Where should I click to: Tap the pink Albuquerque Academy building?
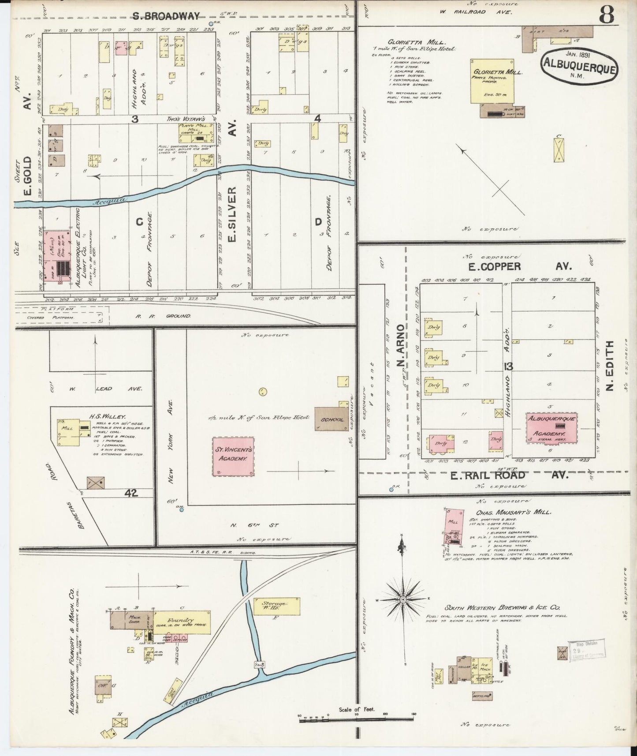coord(551,427)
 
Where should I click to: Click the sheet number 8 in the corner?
coord(606,16)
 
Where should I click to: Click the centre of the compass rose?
coord(402,600)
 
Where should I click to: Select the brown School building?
coord(332,419)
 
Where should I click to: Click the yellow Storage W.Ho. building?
coord(276,606)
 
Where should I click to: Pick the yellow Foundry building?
coord(182,622)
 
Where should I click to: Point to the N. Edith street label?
coord(610,366)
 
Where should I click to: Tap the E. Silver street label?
coord(232,214)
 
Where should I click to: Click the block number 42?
coord(131,493)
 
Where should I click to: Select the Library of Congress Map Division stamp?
coord(586,650)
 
